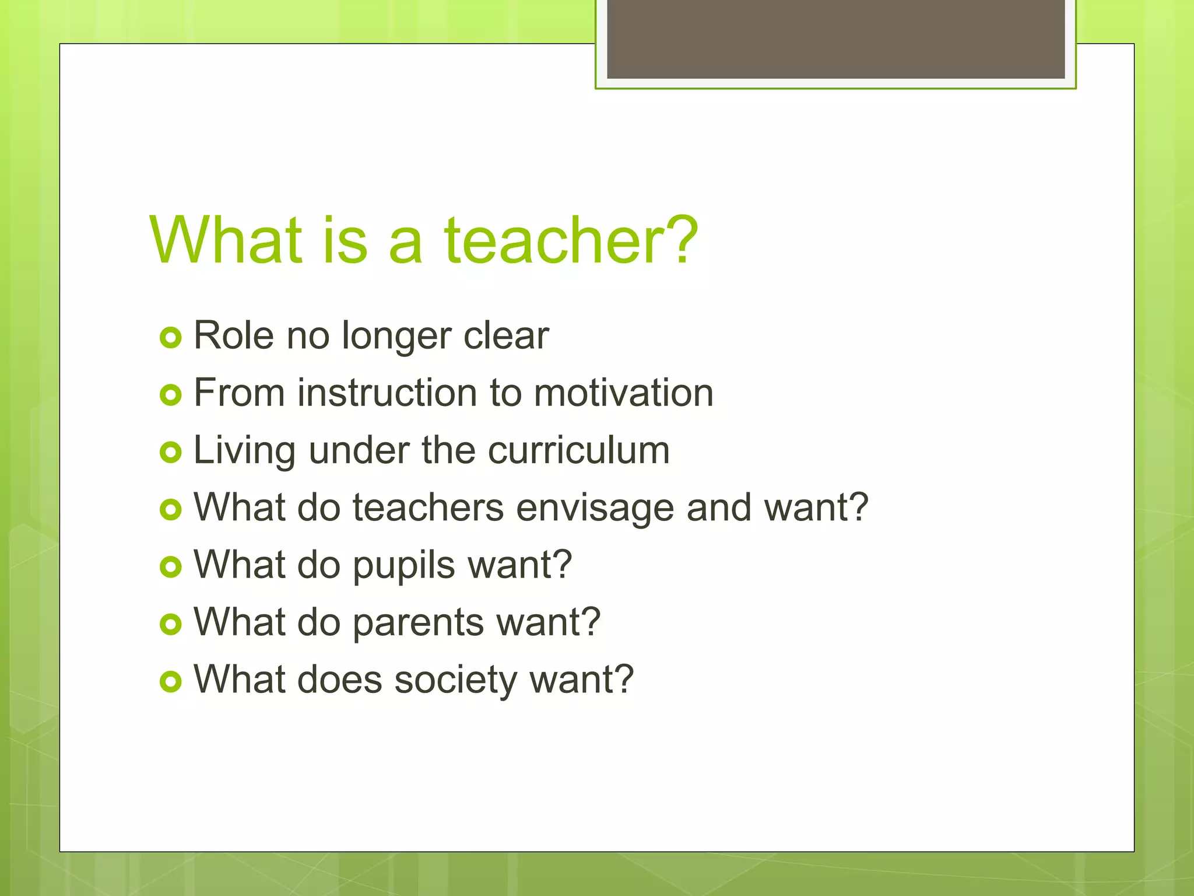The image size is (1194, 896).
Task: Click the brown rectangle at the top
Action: [835, 38]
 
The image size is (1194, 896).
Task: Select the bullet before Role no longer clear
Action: [170, 338]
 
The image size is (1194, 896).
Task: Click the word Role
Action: [233, 335]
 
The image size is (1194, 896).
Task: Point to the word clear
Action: [506, 335]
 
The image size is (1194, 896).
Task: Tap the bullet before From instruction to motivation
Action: [170, 395]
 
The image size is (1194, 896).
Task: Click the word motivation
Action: [623, 393]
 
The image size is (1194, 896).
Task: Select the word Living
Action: [244, 451]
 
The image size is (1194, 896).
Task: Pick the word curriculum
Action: [578, 450]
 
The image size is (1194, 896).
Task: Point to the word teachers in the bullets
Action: [428, 507]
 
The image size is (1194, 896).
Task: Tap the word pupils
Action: [403, 565]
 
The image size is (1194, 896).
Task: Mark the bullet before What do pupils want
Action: [170, 567]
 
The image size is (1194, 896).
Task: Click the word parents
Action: [418, 622]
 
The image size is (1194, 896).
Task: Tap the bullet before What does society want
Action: [170, 681]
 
